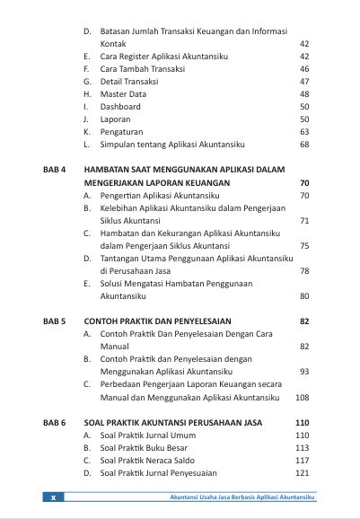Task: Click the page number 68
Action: (304, 144)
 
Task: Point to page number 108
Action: (302, 397)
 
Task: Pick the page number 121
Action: (302, 473)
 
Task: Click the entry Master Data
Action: (124, 93)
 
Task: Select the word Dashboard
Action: (120, 106)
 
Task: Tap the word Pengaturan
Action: (122, 131)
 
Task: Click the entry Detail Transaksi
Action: (131, 81)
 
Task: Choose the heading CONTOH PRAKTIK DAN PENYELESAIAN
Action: (157, 321)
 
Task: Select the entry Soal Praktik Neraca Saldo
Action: (148, 461)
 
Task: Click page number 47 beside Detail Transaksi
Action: (304, 81)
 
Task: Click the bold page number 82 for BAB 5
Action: (304, 321)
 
